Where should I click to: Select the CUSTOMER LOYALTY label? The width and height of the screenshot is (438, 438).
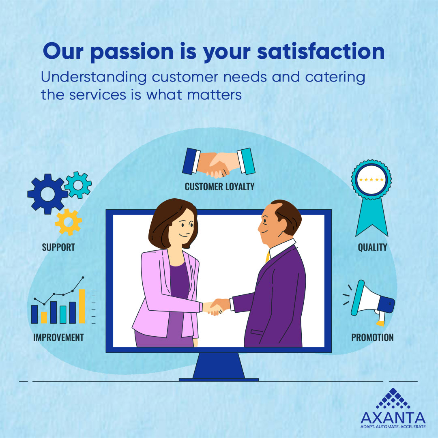[219, 187]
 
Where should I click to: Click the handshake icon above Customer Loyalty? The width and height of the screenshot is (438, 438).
[219, 163]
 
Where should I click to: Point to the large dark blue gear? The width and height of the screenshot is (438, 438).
[47, 194]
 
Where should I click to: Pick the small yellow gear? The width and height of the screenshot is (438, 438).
[69, 222]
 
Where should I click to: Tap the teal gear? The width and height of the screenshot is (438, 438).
[78, 185]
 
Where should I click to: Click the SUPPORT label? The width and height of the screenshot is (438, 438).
[58, 247]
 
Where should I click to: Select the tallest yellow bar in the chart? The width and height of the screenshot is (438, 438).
[82, 306]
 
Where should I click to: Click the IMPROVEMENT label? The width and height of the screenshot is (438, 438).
[58, 337]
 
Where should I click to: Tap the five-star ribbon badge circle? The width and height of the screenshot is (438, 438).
[371, 179]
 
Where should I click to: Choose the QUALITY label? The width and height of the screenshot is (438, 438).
[372, 247]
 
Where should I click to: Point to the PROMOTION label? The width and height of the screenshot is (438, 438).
[372, 337]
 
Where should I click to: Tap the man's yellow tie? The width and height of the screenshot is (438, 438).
[268, 256]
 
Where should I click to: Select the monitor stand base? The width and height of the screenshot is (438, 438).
[219, 380]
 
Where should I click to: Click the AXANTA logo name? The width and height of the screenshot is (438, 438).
[393, 418]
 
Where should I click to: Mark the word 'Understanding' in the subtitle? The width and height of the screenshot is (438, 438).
[94, 77]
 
